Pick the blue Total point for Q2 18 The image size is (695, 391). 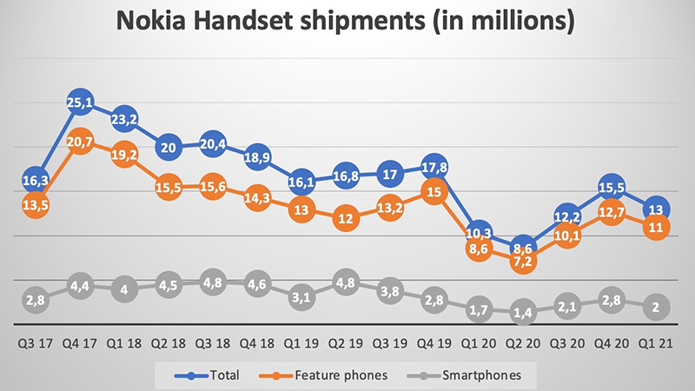tap(169, 147)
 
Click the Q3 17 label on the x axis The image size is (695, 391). tap(34, 341)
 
